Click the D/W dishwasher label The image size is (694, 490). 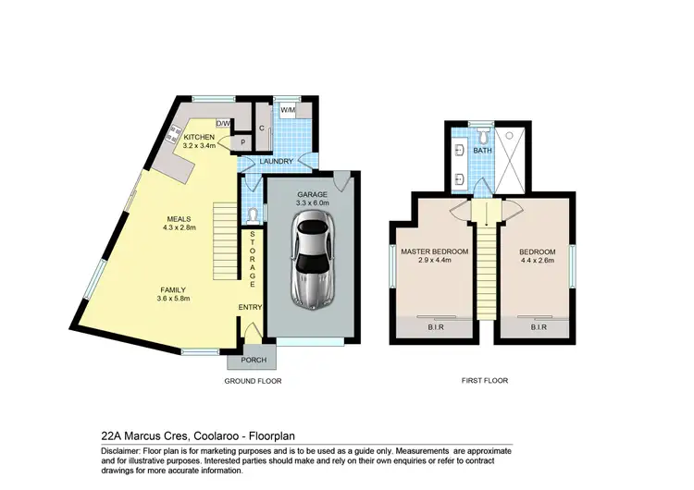(222, 123)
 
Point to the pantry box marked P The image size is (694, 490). (242, 143)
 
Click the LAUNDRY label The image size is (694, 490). (277, 162)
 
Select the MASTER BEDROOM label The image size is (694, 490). (434, 251)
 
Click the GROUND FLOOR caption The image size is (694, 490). (253, 381)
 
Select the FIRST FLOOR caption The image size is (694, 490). (485, 381)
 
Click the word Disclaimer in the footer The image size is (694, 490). (120, 450)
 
